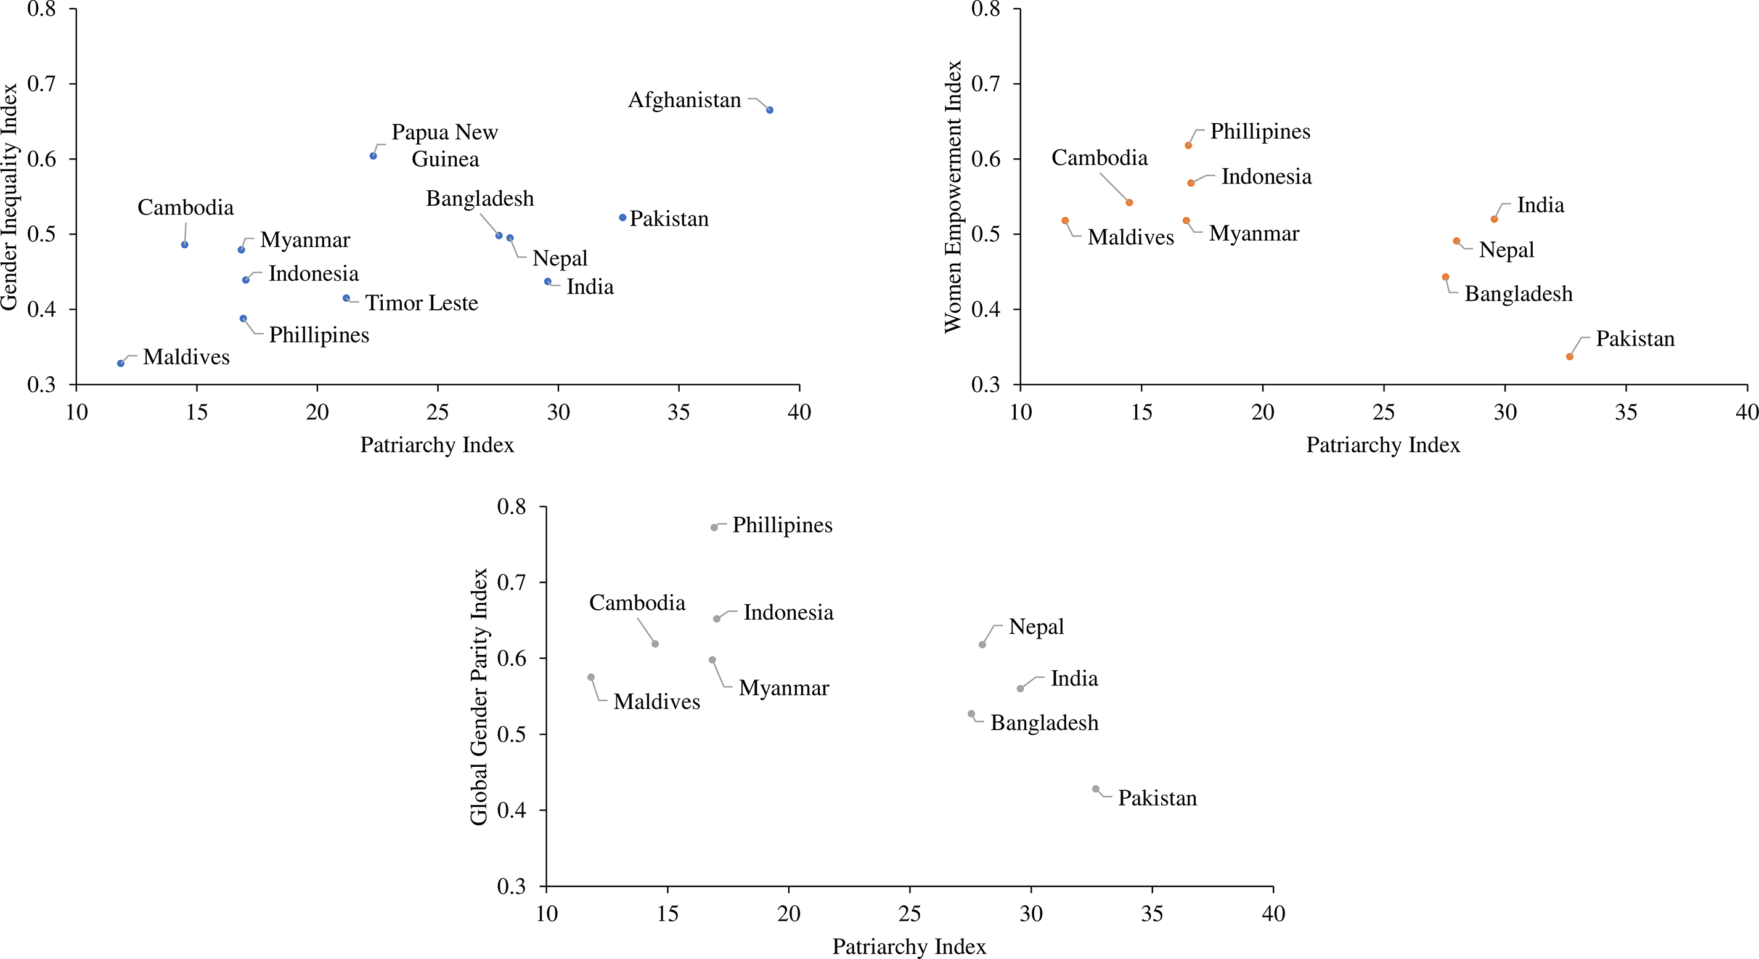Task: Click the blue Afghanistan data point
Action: pyautogui.click(x=770, y=110)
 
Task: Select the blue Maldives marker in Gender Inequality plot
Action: pyautogui.click(x=121, y=363)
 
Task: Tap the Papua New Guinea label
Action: pyautogui.click(x=444, y=145)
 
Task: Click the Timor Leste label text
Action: pyautogui.click(x=422, y=303)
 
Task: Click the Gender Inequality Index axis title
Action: pyautogui.click(x=10, y=196)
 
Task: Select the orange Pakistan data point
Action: pyautogui.click(x=1570, y=356)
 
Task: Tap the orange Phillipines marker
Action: pyautogui.click(x=1188, y=145)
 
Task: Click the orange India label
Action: pyautogui.click(x=1540, y=206)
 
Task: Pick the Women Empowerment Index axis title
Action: pyautogui.click(x=953, y=196)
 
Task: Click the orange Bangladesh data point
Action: pyautogui.click(x=1445, y=277)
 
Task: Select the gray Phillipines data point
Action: pyautogui.click(x=714, y=528)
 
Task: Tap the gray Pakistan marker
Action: pyautogui.click(x=1096, y=789)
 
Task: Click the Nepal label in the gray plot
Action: pyautogui.click(x=1036, y=627)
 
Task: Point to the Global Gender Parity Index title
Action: pyautogui.click(x=480, y=696)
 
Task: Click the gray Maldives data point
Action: pyautogui.click(x=590, y=677)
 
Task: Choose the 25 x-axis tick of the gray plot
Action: pyautogui.click(x=910, y=914)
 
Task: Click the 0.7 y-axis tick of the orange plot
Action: pyautogui.click(x=986, y=84)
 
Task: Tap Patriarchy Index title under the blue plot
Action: pyautogui.click(x=437, y=445)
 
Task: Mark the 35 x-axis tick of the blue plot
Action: pyautogui.click(x=679, y=412)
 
